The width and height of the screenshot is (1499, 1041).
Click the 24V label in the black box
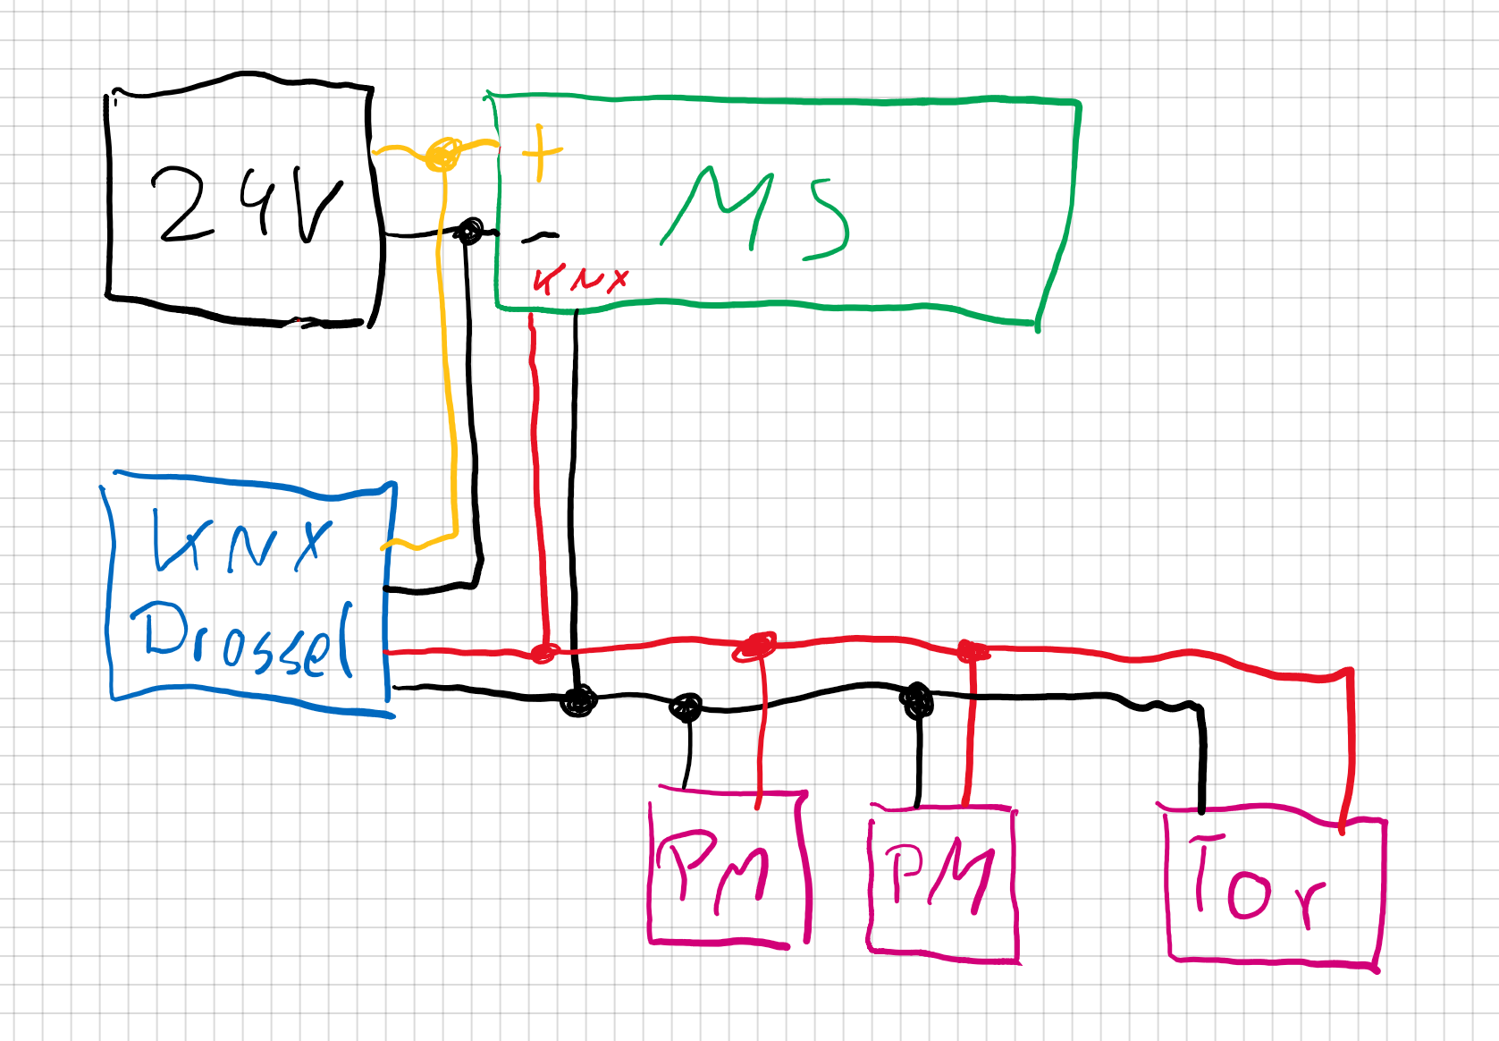tap(246, 205)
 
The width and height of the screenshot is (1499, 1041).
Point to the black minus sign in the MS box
tap(539, 237)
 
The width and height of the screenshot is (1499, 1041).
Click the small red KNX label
tap(580, 279)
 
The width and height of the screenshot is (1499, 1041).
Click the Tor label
tap(1256, 881)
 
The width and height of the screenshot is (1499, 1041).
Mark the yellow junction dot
tap(443, 154)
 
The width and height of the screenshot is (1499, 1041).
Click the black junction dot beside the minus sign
tap(468, 233)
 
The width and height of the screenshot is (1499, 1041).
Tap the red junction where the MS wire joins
tap(543, 653)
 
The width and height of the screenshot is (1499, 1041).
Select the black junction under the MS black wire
tap(578, 700)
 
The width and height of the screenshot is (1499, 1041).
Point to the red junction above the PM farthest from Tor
tap(757, 646)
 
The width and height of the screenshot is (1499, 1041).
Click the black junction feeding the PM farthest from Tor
tap(686, 707)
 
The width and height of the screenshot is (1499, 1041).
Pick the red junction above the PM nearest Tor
tap(972, 652)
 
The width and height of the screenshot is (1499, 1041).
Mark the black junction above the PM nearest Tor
tap(916, 700)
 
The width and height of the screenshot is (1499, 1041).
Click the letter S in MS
tap(827, 219)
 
